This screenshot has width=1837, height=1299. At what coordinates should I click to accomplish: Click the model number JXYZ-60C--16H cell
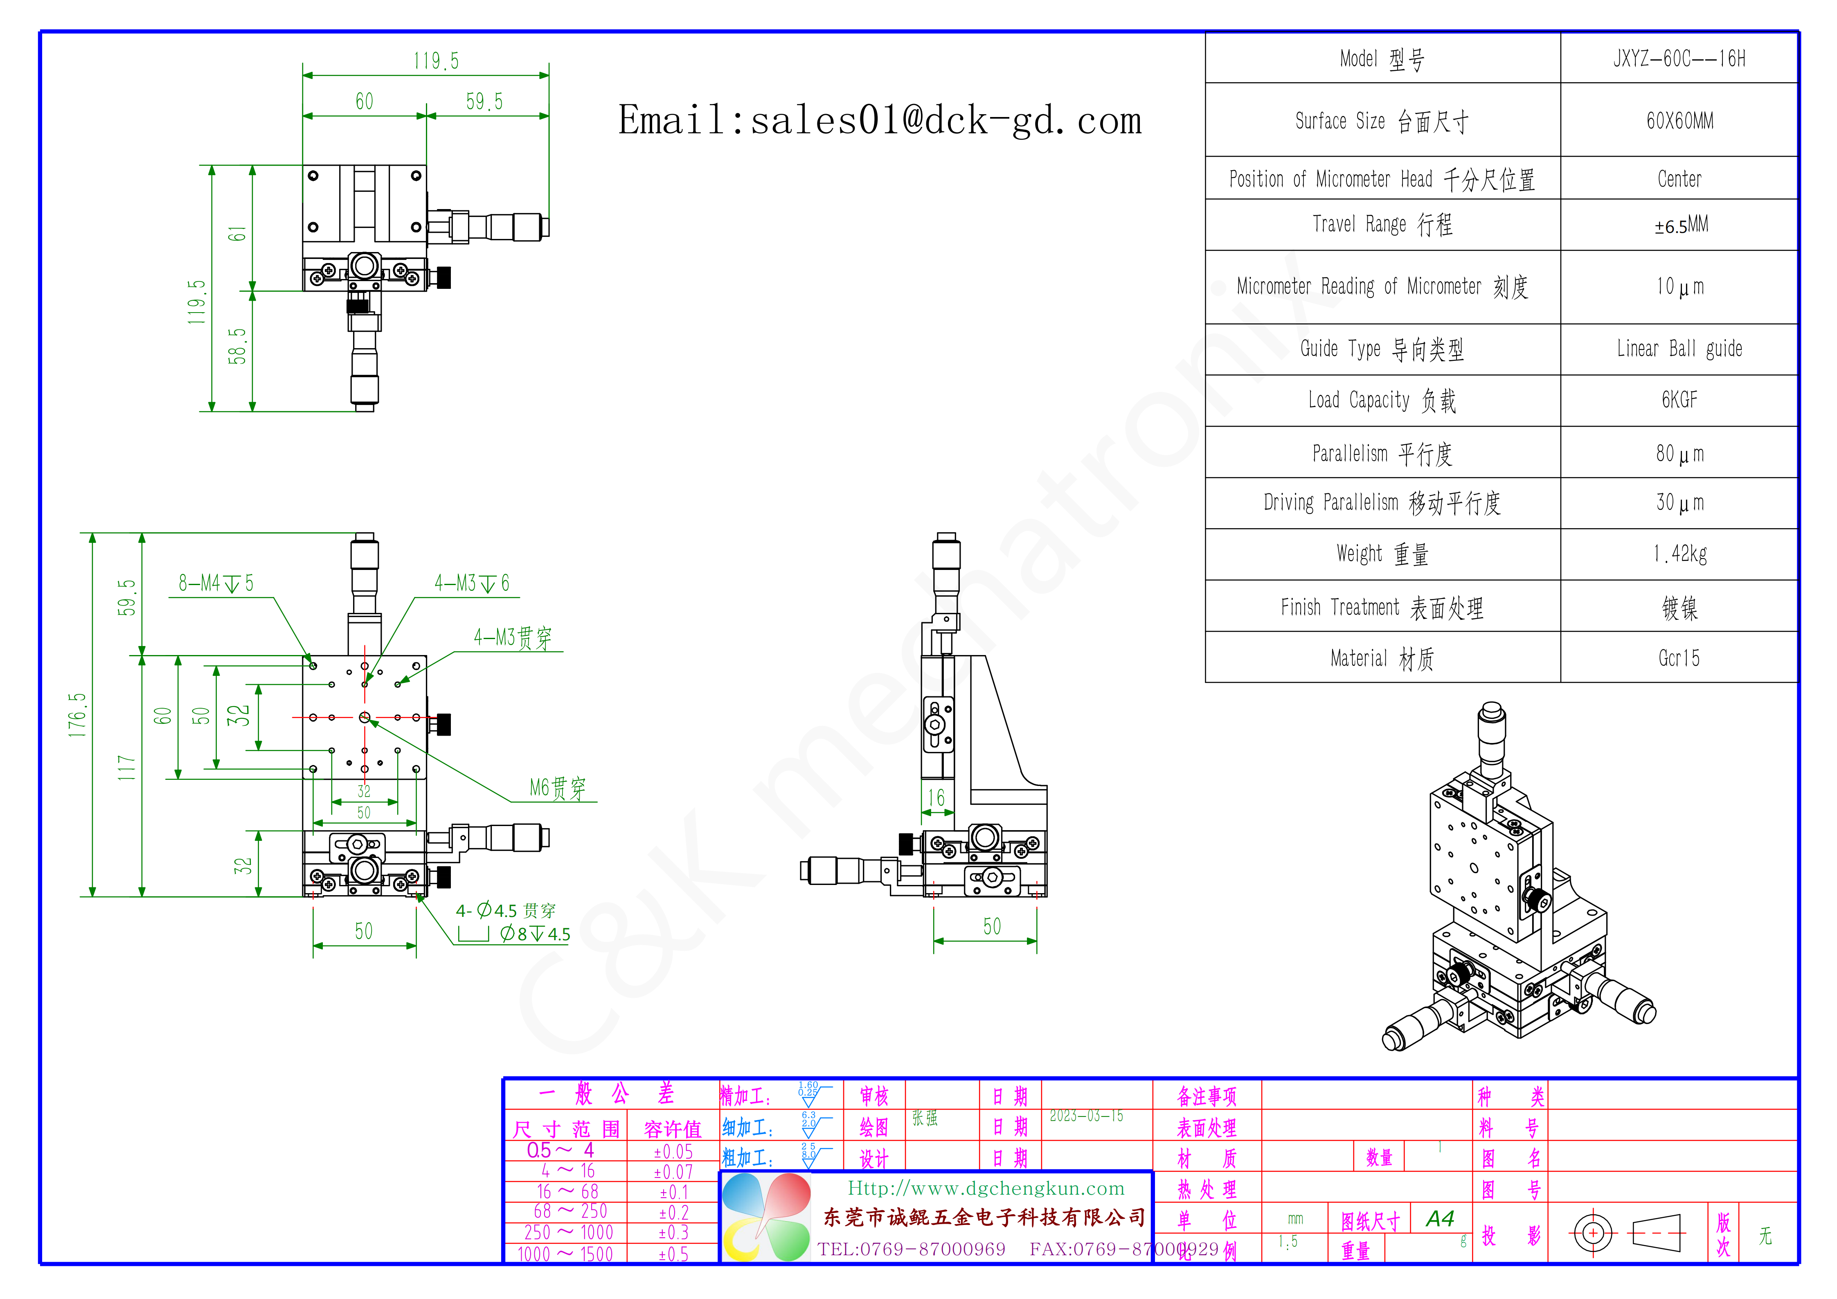click(1679, 59)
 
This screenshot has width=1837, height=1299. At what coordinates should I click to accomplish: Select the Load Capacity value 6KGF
click(1679, 400)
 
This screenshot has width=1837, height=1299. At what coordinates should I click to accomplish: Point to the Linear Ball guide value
click(1679, 349)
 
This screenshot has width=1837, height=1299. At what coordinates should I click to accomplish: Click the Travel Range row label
click(1382, 225)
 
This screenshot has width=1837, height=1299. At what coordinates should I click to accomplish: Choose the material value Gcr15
click(1679, 658)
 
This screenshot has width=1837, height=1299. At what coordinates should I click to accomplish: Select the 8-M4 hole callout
click(216, 583)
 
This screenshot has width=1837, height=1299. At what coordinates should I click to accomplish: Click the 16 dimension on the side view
click(936, 797)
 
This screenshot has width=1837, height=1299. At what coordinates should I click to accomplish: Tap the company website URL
click(986, 1189)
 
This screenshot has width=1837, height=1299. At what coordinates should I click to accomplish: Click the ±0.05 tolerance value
click(673, 1152)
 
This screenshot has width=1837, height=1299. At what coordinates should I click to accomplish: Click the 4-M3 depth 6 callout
click(472, 583)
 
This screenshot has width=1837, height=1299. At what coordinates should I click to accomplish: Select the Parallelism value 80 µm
click(1679, 454)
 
